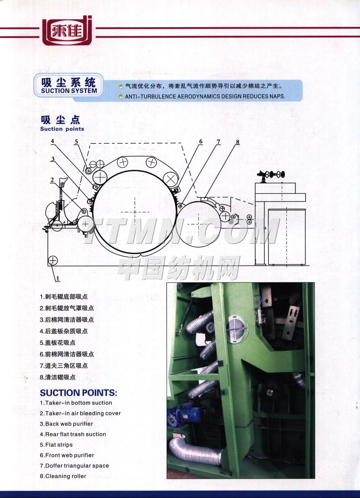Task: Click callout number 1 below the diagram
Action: click(58, 278)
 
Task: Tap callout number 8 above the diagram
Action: click(238, 142)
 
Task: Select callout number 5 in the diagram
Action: click(76, 142)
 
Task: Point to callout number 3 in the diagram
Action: click(53, 159)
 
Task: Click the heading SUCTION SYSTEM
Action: click(69, 91)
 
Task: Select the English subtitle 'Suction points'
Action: click(62, 129)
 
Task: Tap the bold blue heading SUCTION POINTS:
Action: click(78, 393)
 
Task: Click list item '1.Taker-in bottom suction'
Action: click(76, 403)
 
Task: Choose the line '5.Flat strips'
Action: click(56, 445)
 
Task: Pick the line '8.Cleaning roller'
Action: click(63, 476)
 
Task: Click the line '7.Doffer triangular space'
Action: click(75, 466)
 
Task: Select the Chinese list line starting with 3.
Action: click(67, 320)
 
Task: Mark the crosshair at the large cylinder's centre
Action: click(135, 212)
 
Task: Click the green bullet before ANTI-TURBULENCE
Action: click(121, 97)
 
